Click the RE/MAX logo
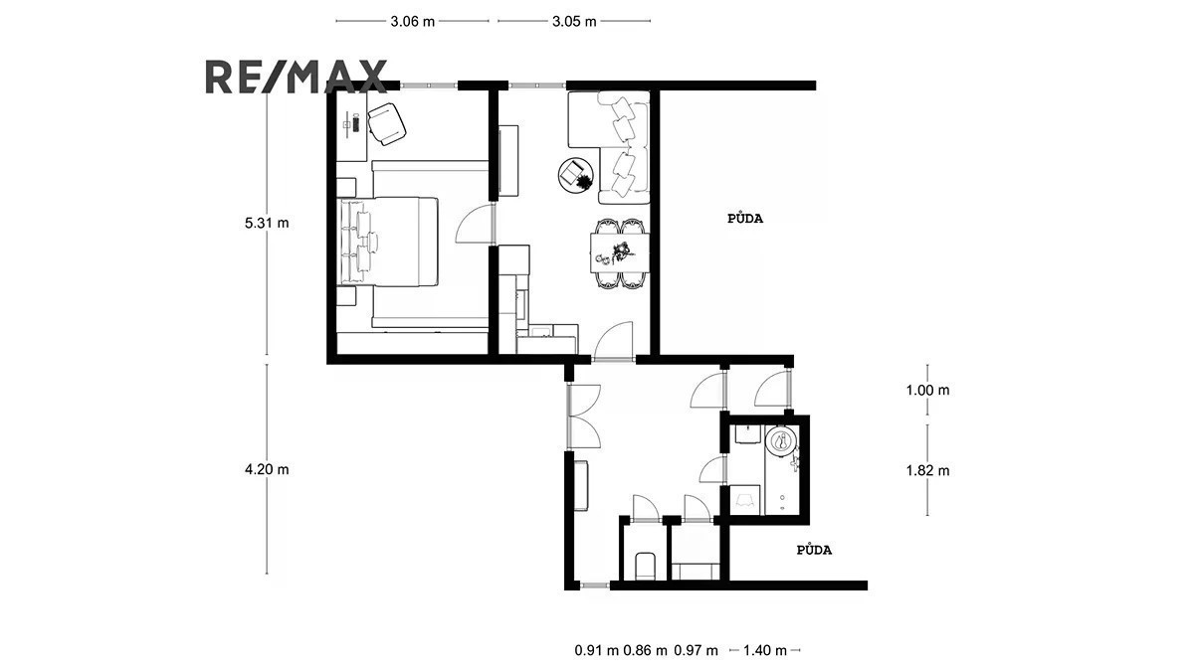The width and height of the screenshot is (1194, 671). pyautogui.click(x=297, y=77)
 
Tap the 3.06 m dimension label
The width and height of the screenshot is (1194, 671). pyautogui.click(x=413, y=21)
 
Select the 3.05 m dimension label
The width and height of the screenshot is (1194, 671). pyautogui.click(x=574, y=21)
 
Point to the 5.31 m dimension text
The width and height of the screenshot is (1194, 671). pyautogui.click(x=267, y=223)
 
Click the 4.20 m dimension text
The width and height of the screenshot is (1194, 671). pyautogui.click(x=267, y=469)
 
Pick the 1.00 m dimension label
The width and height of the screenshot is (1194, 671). pyautogui.click(x=927, y=391)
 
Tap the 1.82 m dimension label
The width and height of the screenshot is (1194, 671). pyautogui.click(x=927, y=471)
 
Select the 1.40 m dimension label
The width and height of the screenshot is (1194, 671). pyautogui.click(x=765, y=650)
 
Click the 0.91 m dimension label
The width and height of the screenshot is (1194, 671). pyautogui.click(x=596, y=650)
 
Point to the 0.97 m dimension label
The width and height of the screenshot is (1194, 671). pyautogui.click(x=696, y=650)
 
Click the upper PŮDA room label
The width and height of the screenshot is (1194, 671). pyautogui.click(x=745, y=219)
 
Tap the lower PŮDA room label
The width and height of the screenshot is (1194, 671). pyautogui.click(x=814, y=550)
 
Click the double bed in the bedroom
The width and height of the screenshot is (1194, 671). pyautogui.click(x=389, y=242)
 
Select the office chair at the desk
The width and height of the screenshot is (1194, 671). pyautogui.click(x=387, y=123)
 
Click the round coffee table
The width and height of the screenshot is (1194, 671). pyautogui.click(x=576, y=175)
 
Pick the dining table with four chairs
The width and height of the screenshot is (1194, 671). pyautogui.click(x=619, y=253)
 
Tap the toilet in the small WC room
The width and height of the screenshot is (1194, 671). pyautogui.click(x=645, y=566)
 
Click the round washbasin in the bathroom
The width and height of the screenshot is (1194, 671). pyautogui.click(x=781, y=442)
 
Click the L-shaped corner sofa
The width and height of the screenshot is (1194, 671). pyautogui.click(x=610, y=147)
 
